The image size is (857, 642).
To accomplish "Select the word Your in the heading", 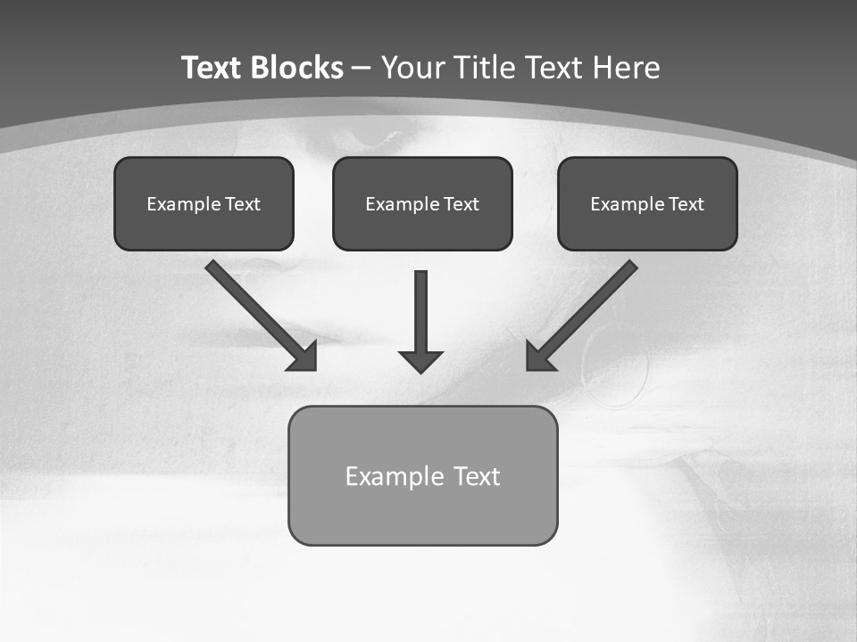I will (414, 68).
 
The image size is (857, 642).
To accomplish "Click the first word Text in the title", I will (213, 68).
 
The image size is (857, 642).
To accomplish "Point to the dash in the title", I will (362, 69).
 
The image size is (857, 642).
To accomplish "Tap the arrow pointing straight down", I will (420, 312).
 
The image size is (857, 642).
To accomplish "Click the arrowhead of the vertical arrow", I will (420, 361).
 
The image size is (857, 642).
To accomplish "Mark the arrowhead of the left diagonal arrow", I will (304, 356).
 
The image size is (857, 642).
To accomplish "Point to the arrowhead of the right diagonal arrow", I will (539, 357).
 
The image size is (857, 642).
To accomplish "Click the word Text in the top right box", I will (686, 204).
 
